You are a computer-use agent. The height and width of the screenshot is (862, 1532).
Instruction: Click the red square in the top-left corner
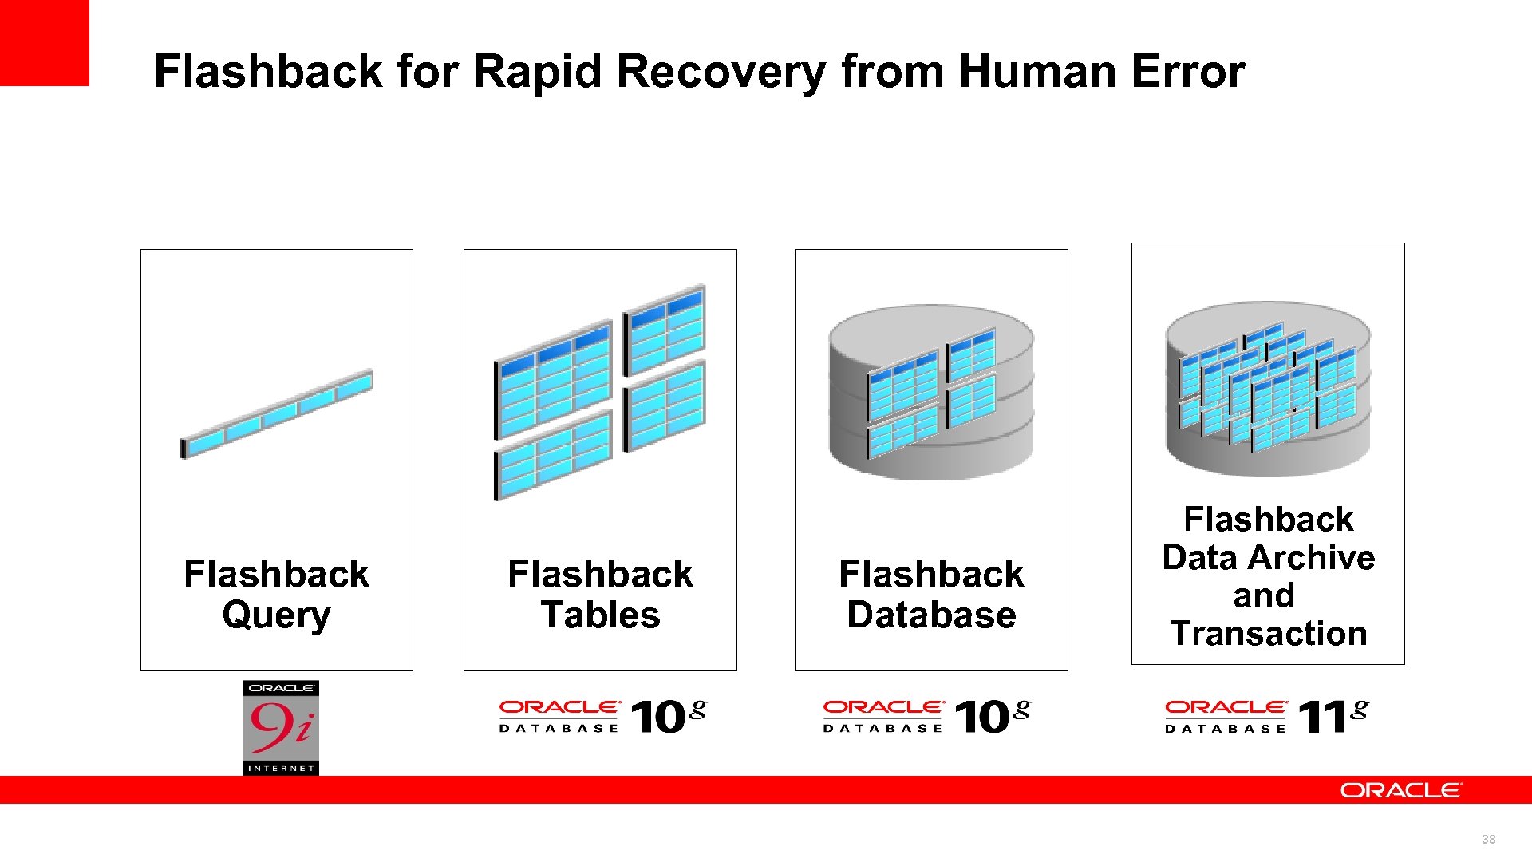44,42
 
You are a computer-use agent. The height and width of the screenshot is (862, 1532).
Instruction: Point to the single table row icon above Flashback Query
277,413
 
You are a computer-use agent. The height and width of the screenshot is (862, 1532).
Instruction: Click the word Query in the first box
276,615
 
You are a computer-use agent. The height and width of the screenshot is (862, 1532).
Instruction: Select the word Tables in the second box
600,615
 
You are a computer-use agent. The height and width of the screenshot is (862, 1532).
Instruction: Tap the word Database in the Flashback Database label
931,615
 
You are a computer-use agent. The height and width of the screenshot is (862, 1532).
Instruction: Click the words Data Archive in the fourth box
1268,557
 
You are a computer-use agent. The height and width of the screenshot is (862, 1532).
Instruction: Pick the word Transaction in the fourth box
1268,634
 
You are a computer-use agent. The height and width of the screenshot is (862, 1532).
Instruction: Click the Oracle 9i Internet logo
281,727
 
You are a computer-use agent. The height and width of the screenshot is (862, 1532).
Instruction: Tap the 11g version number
1333,716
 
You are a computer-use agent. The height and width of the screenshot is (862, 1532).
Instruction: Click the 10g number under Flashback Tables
669,716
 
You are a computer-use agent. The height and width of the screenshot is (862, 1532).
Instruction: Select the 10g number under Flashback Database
992,716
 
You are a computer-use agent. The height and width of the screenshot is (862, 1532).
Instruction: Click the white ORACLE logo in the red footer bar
1401,790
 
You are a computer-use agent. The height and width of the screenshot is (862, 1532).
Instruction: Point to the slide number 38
1488,839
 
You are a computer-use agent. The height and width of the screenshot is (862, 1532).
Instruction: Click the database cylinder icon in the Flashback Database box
931,391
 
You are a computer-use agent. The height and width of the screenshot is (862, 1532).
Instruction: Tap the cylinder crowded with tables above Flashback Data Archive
1268,389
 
